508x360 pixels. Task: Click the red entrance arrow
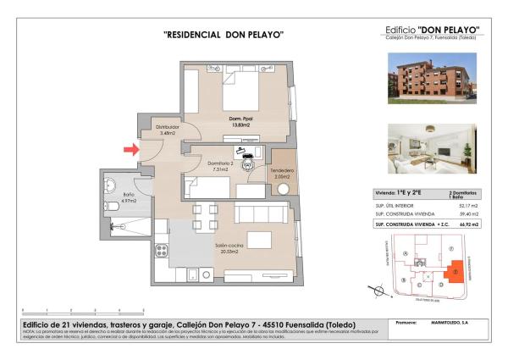pos(130,150)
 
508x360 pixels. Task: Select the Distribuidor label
pos(167,130)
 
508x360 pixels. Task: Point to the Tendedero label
pos(282,174)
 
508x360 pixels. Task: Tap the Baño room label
pos(129,198)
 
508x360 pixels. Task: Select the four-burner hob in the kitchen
pos(162,248)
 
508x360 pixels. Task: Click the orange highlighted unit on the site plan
pos(456,271)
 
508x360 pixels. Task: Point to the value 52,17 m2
pos(467,205)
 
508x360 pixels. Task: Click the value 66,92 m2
pos(467,224)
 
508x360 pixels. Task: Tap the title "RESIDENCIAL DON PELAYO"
pos(223,35)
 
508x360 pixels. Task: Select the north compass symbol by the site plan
pos(375,289)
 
